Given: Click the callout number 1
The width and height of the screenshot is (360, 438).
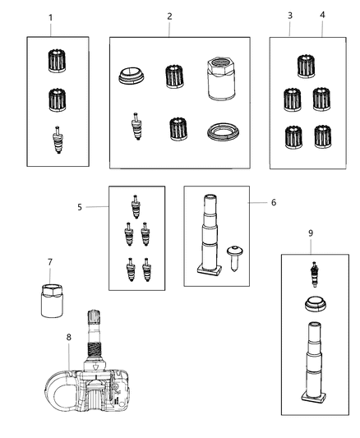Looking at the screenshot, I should click(x=50, y=17).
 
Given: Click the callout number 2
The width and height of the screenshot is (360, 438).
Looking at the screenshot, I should click(x=169, y=16).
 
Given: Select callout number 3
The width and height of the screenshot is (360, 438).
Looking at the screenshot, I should click(x=289, y=16).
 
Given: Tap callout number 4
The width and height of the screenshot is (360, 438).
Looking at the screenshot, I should click(x=322, y=16).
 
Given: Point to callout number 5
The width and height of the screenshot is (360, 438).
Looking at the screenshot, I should click(x=81, y=207).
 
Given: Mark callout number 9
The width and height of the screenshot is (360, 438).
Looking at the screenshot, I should click(x=311, y=233).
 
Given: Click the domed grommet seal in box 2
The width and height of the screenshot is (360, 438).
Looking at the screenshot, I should click(x=130, y=76).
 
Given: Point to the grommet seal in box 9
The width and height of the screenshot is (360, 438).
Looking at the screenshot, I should click(x=312, y=303).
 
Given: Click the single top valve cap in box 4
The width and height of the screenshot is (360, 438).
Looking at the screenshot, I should click(x=307, y=66).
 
